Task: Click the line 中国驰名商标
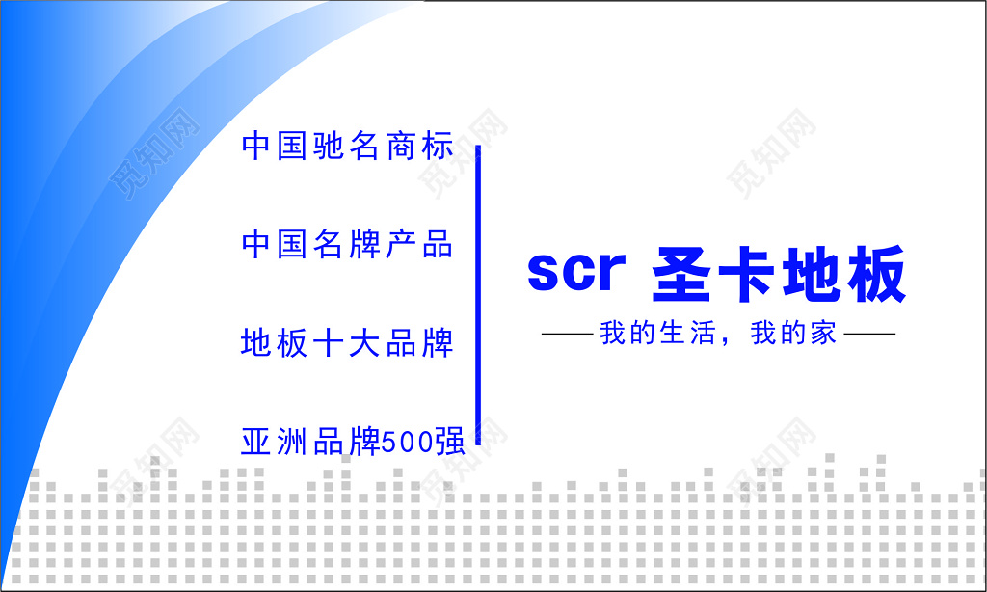pos(347,147)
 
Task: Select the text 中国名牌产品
pos(347,244)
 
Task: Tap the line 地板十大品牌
pos(347,343)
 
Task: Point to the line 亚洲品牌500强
pos(353,442)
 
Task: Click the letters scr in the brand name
pos(576,273)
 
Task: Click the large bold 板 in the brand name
pos(875,274)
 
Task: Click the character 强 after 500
pos(450,442)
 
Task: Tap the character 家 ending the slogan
pos(824,335)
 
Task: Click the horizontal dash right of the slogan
pos(869,336)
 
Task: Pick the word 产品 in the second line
pos(418,244)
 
